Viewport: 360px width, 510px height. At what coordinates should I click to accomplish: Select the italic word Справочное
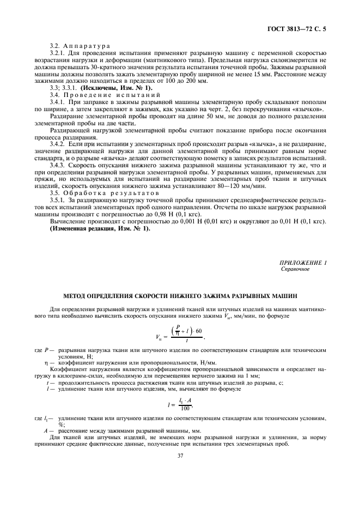295,270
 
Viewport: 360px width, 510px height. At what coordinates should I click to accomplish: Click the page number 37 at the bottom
180,458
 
